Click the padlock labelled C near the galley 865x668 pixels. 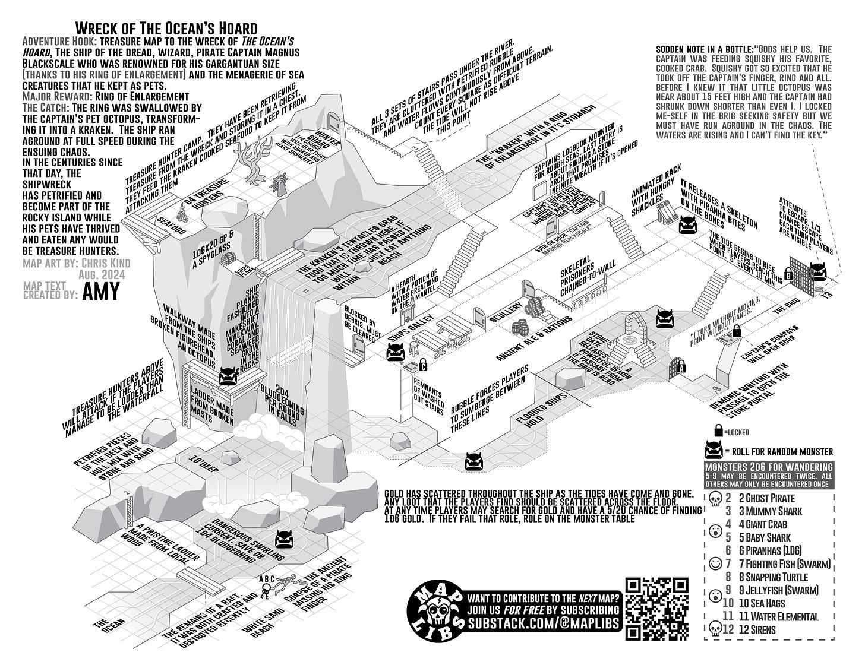pyautogui.click(x=423, y=363)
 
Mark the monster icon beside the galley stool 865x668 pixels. pyautogui.click(x=396, y=353)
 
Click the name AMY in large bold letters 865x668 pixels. pyautogui.click(x=100, y=292)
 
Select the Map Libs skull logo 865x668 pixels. pyautogui.click(x=434, y=610)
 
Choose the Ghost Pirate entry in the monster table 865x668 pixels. pyautogui.click(x=769, y=498)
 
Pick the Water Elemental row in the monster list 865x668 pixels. pyautogui.click(x=779, y=616)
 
